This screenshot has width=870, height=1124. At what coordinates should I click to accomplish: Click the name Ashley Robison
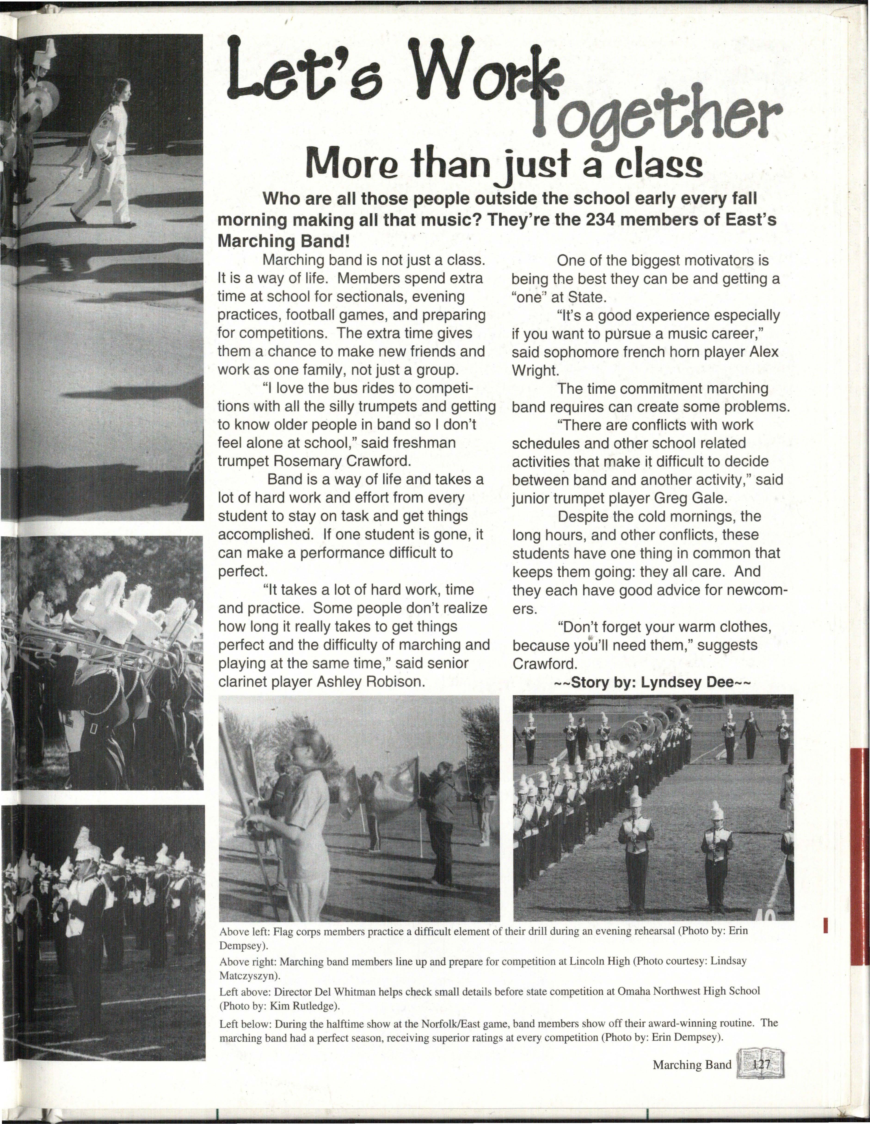[x=371, y=682]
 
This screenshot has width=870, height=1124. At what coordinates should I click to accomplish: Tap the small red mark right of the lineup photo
[x=825, y=925]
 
